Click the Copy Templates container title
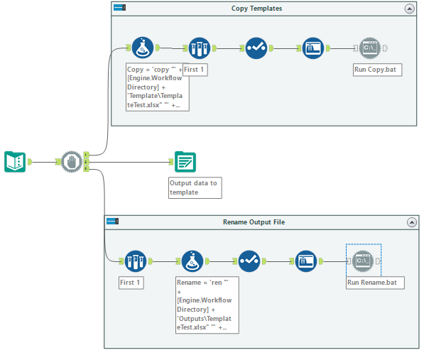[256, 9]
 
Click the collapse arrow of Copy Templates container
[409, 9]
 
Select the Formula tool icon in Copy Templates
[143, 48]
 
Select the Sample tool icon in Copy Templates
[199, 48]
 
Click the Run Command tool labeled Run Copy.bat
[369, 48]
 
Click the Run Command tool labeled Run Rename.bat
[363, 261]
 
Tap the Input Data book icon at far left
[15, 162]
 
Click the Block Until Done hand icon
[71, 162]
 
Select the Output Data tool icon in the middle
[185, 162]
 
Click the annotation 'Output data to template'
[194, 187]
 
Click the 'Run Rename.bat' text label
[375, 282]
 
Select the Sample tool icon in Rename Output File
[135, 261]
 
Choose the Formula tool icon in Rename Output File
[192, 261]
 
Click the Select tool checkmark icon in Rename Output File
[249, 261]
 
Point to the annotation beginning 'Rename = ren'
[207, 305]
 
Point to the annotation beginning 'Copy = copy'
[157, 87]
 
